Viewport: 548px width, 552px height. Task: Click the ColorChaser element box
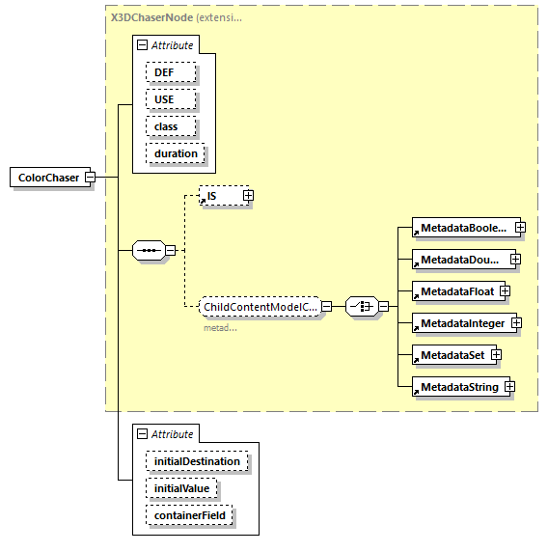48,178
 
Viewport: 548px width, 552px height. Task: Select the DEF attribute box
171,72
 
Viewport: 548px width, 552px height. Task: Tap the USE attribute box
171,99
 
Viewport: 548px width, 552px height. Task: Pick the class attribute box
171,126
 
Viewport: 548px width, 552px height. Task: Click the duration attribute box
175,153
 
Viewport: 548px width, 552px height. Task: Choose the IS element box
219,196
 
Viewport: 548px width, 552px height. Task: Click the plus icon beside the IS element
248,196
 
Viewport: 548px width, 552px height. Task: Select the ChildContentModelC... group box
260,307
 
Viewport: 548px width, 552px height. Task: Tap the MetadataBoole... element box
461,228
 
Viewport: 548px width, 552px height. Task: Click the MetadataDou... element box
459,260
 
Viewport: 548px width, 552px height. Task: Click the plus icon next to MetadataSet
496,355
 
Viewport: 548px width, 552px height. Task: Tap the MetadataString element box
455,387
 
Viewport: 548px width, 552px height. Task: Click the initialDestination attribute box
197,462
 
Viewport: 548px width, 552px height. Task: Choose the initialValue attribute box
182,489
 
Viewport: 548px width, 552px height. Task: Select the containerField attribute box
189,516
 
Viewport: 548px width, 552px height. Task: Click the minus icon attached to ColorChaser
90,178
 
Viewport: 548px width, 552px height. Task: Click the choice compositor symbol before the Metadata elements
361,307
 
